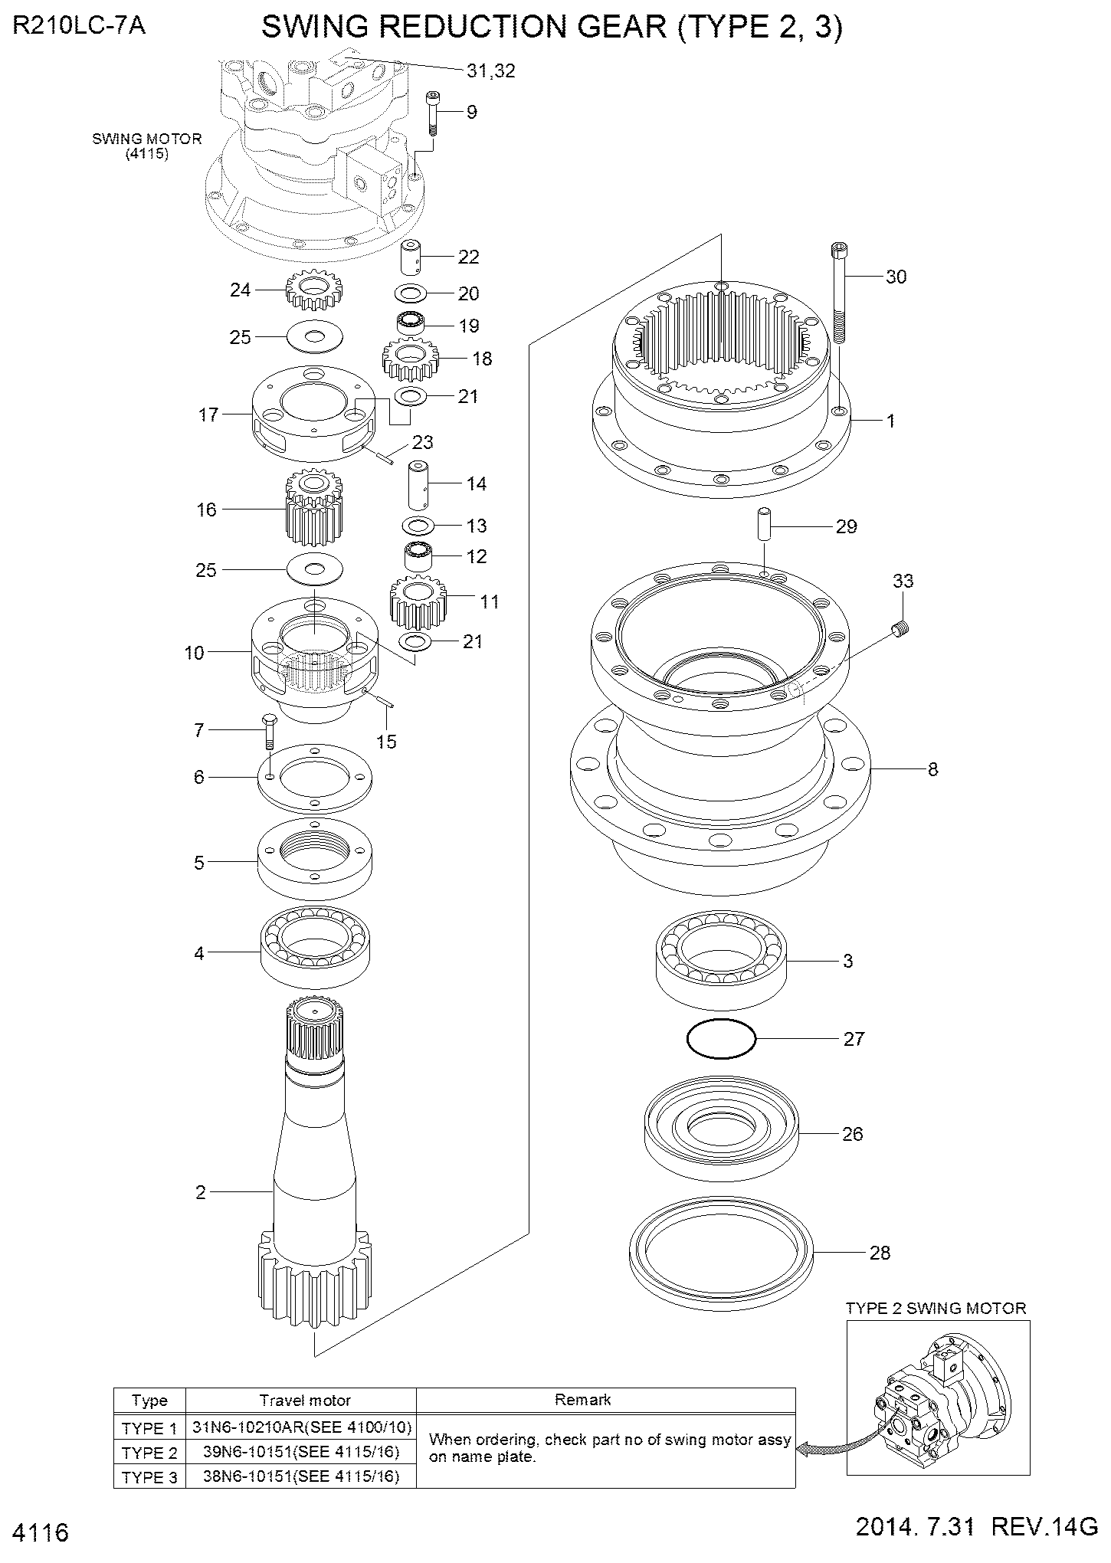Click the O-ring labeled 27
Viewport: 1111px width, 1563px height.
(721, 1040)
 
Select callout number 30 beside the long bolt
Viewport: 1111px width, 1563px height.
(896, 277)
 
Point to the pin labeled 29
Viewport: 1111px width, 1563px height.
(765, 526)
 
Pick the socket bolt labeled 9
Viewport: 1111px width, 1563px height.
(433, 113)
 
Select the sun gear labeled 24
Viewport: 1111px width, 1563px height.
(312, 288)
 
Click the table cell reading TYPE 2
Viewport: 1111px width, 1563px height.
(149, 1453)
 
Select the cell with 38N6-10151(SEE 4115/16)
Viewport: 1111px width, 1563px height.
(301, 1476)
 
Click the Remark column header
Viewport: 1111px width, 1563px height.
(582, 1400)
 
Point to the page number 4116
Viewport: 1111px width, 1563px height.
(41, 1533)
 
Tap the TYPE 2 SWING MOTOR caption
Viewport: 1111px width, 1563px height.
(936, 1309)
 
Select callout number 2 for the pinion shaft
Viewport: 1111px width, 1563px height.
(201, 1192)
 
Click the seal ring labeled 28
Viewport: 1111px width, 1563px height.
(719, 1253)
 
